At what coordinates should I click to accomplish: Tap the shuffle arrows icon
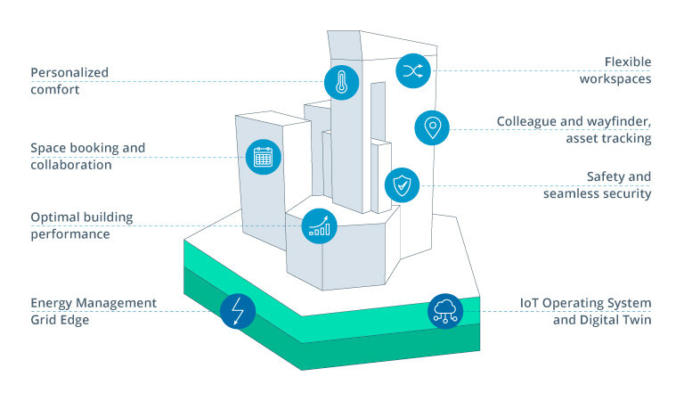point(412,70)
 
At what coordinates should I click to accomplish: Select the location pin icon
point(432,127)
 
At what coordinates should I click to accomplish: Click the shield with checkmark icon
point(402,185)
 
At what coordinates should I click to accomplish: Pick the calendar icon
point(263,158)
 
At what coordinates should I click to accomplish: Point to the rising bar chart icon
point(319,225)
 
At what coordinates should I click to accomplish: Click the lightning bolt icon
point(238,311)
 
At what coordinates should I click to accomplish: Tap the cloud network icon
point(444,310)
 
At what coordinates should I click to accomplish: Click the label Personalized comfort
point(69,81)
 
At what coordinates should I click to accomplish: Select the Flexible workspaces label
point(615,70)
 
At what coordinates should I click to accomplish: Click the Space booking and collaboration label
point(87,156)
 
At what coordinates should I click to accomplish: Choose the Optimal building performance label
point(81,225)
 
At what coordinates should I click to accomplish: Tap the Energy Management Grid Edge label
point(94,311)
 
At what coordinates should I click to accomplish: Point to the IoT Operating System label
point(585,303)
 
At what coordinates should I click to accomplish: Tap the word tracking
point(626,138)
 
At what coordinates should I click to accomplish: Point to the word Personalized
point(69,72)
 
